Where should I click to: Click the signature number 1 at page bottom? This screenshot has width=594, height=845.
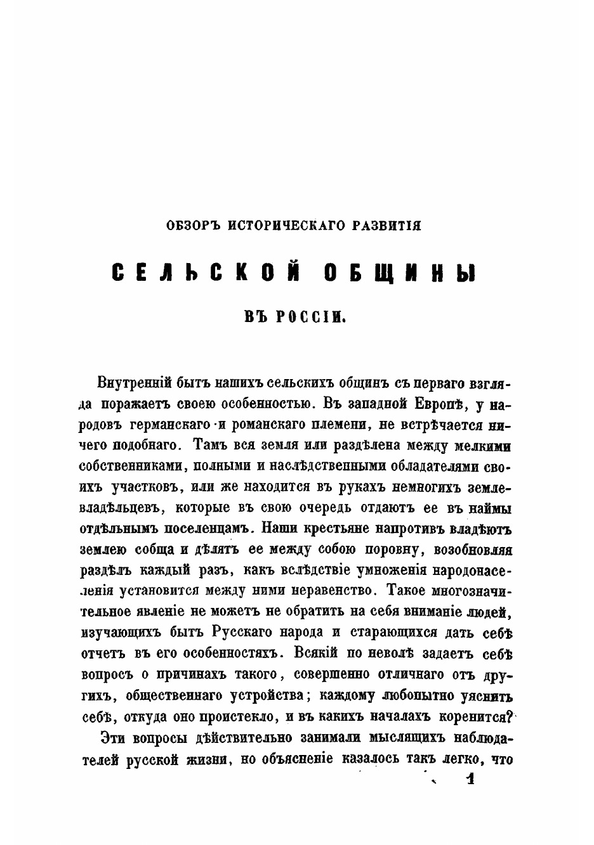pyautogui.click(x=470, y=779)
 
